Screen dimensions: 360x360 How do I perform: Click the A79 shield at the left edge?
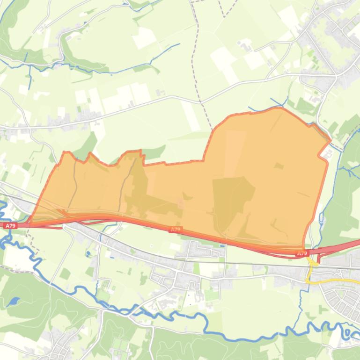(x=10, y=226)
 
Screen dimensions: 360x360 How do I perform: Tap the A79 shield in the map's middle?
(x=175, y=230)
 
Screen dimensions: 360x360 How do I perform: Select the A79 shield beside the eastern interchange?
(x=302, y=253)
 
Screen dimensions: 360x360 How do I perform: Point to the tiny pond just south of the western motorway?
(x=88, y=254)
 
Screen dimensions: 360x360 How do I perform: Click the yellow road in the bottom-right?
(x=337, y=282)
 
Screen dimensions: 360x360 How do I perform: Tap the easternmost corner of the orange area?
(x=331, y=140)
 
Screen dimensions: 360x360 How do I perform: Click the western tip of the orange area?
(x=29, y=222)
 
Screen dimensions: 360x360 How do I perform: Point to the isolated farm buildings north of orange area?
(x=245, y=45)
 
